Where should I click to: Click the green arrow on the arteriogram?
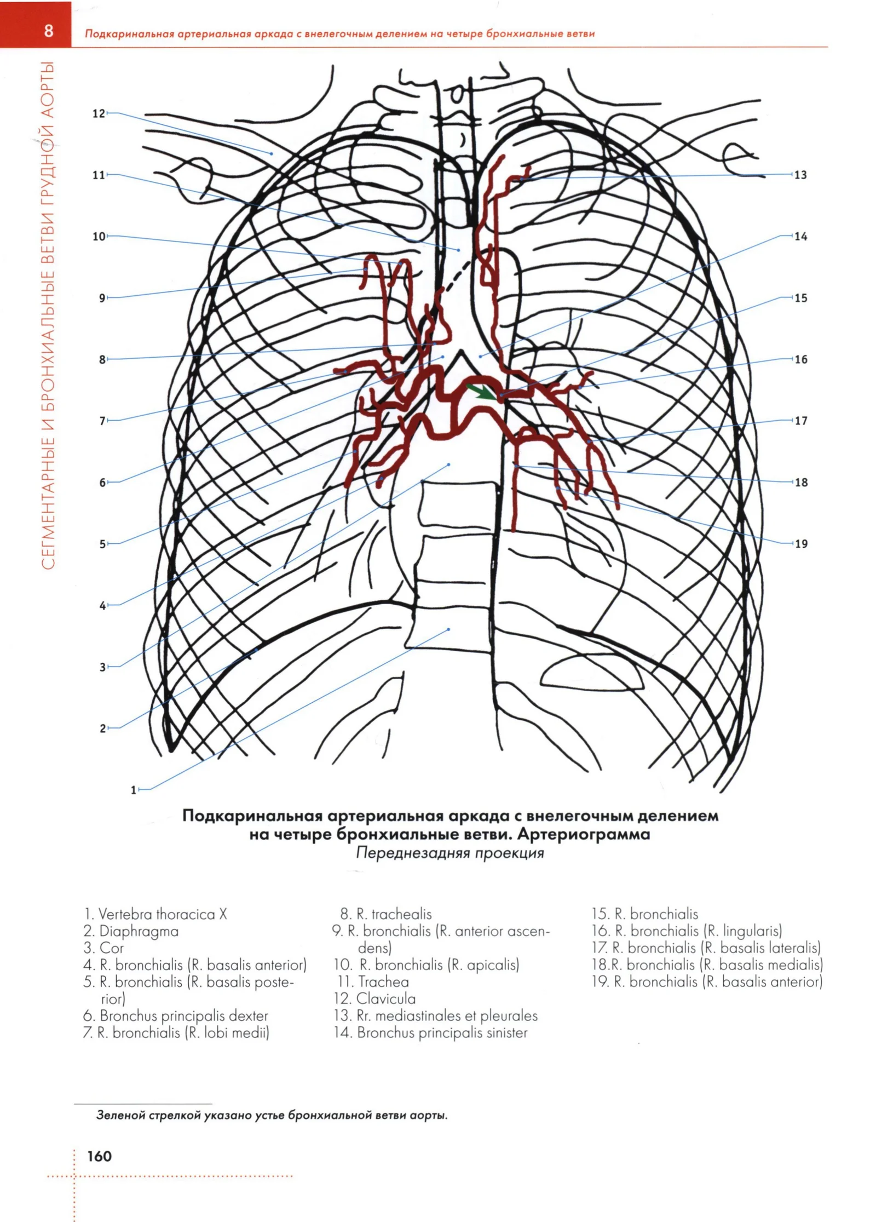pyautogui.click(x=482, y=391)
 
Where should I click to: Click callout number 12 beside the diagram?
pyautogui.click(x=98, y=113)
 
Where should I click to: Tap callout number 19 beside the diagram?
pyautogui.click(x=800, y=544)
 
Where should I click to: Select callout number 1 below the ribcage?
pyautogui.click(x=133, y=790)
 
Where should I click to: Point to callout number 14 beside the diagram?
pyautogui.click(x=800, y=237)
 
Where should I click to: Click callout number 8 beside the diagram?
pyautogui.click(x=102, y=360)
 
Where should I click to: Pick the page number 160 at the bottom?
pyautogui.click(x=99, y=1156)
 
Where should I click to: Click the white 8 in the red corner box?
pyautogui.click(x=49, y=30)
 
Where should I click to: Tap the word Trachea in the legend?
pyautogui.click(x=383, y=982)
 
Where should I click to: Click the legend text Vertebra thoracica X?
pyautogui.click(x=162, y=914)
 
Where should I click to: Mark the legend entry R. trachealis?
pyautogui.click(x=394, y=914)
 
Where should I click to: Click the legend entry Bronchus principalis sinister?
pyautogui.click(x=442, y=1032)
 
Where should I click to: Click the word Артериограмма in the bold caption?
pyautogui.click(x=584, y=834)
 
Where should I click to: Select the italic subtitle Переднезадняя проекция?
pyautogui.click(x=450, y=853)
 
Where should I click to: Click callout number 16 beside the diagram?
pyautogui.click(x=800, y=360)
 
